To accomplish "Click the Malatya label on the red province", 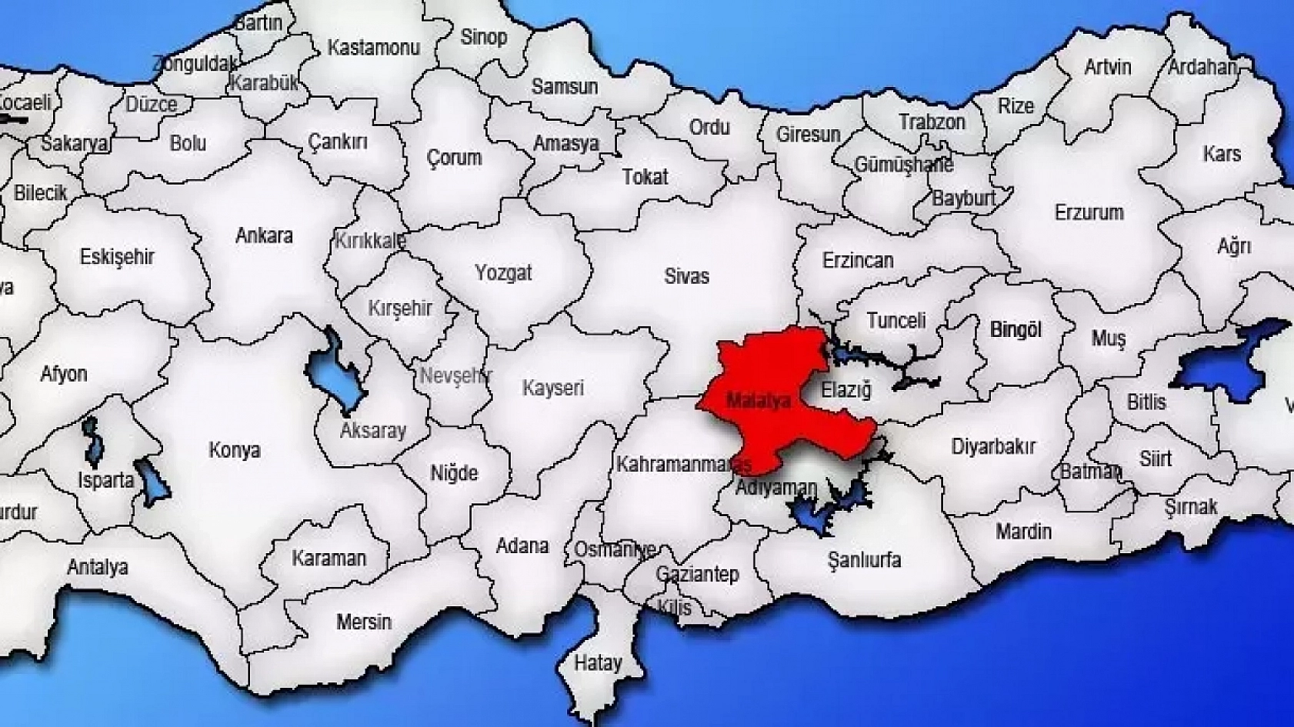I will pos(759,400).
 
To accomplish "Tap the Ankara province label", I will pos(264,235).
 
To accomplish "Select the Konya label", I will pos(234,450).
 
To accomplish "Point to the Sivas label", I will pos(686,276).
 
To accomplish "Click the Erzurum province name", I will pos(1089,212).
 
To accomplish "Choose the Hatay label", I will pos(598,663).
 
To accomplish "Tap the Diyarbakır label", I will pos(993,446).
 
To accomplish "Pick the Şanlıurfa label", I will pos(864,559).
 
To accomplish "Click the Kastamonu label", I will pos(374,48).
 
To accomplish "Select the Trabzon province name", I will pos(932,122).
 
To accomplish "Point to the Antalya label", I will pos(98,568).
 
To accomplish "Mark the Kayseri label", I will pos(553,388).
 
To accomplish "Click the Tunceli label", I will pos(896,320).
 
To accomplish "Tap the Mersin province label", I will pos(363,622).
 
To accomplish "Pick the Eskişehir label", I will pos(117,256).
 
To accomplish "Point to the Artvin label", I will pos(1107,67).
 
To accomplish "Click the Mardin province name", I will pos(1023,532).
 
